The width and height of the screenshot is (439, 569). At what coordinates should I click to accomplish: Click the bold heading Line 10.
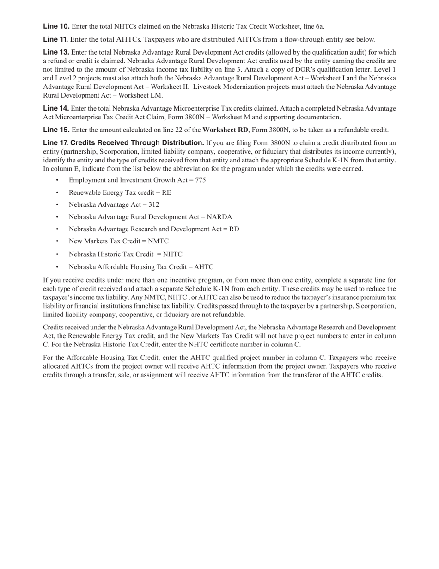pyautogui.click(x=56, y=26)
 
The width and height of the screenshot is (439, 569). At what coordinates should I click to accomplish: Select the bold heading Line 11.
pyautogui.click(x=56, y=39)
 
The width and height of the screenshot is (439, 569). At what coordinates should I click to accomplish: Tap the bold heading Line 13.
pyautogui.click(x=56, y=52)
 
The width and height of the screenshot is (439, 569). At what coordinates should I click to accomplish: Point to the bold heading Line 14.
pyautogui.click(x=56, y=108)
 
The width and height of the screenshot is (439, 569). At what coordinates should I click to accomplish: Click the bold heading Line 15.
pyautogui.click(x=56, y=130)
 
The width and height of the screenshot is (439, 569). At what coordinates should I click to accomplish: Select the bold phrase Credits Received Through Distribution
pyautogui.click(x=137, y=142)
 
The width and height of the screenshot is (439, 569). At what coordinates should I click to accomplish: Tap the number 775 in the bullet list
pyautogui.click(x=201, y=180)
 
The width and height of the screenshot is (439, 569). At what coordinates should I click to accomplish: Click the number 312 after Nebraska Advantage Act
pyautogui.click(x=154, y=204)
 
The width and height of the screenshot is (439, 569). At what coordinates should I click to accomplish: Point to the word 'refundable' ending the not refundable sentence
pyautogui.click(x=229, y=315)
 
